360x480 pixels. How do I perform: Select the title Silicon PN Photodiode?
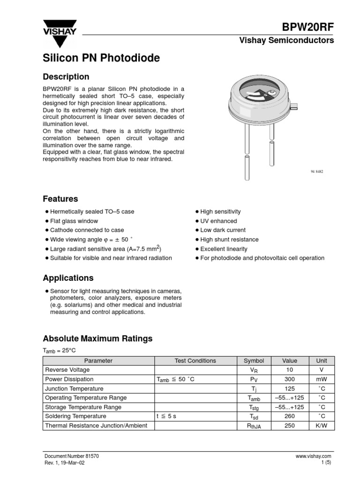[101, 58]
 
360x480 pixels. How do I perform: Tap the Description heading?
[66, 76]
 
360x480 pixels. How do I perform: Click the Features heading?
[60, 199]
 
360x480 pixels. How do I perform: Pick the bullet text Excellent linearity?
[224, 249]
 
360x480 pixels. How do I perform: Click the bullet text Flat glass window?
[74, 221]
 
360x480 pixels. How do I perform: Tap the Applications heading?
[68, 278]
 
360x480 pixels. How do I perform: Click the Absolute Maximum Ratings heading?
[97, 338]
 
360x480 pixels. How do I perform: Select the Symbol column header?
[254, 360]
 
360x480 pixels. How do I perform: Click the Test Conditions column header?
[195, 360]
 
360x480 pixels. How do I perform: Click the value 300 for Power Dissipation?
[289, 379]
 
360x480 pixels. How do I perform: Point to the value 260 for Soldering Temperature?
[289, 416]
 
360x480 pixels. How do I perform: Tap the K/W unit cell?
[322, 426]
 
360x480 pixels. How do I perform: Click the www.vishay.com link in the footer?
[313, 456]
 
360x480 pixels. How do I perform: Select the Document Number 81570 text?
[71, 456]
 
